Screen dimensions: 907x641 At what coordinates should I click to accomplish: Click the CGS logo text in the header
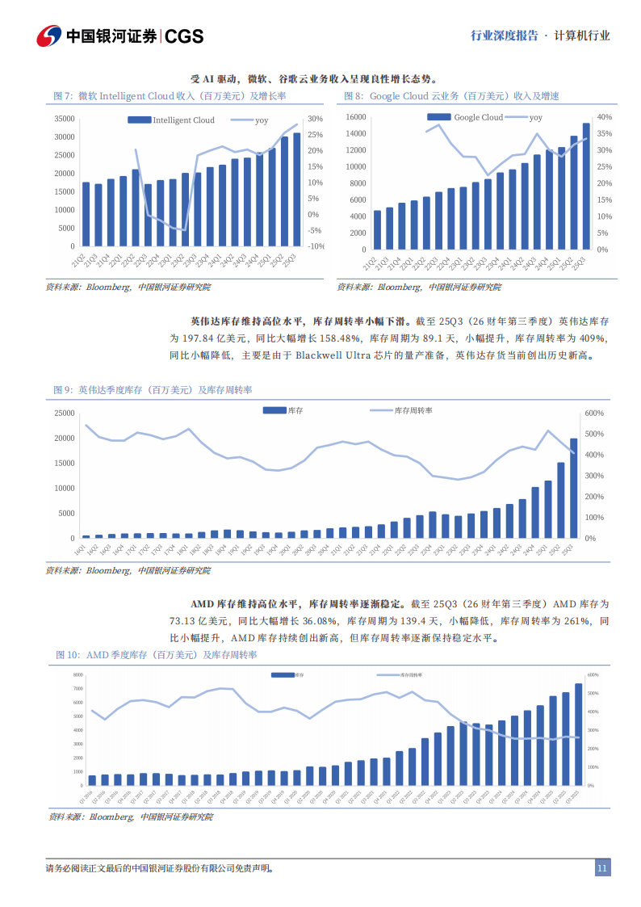point(185,36)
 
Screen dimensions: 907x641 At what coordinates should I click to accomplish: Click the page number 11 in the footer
point(601,868)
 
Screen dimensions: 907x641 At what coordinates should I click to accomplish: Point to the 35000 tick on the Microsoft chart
point(64,118)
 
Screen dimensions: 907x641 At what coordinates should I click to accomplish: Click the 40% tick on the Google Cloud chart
point(605,117)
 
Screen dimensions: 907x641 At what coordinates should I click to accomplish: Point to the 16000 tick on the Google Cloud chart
point(356,117)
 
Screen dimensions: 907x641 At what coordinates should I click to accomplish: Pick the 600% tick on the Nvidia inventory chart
point(594,414)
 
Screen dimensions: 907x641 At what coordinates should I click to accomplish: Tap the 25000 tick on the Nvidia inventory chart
point(64,414)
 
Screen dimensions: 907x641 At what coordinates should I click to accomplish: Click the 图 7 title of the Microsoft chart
point(64,96)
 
